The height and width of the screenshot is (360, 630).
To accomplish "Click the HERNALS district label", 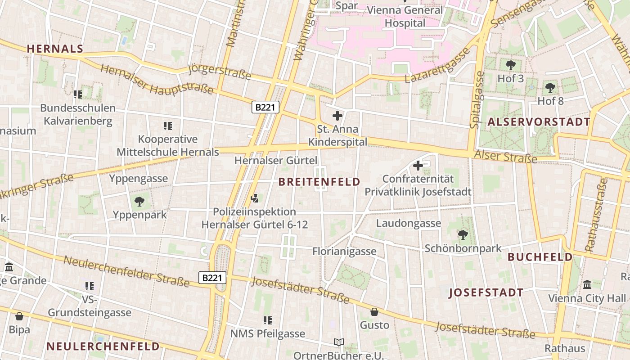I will pos(55,49).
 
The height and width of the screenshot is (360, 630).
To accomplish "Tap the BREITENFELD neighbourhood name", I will pos(319,182).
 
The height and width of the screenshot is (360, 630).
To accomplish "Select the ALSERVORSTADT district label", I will pos(539,122).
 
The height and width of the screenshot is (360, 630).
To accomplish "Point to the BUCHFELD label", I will pos(540,257).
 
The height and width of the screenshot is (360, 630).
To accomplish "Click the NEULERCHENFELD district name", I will pos(103,346).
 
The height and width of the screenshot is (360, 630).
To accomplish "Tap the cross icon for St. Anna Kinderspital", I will pos(337,116).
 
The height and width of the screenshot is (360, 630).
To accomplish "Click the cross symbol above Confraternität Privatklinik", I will pos(418,166).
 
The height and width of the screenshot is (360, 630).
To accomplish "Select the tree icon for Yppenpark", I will pos(139,202).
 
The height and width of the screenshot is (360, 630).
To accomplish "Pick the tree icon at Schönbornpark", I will pos(463,235).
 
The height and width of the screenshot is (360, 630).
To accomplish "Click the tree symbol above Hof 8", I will pos(550,88).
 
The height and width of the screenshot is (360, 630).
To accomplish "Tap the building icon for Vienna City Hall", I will pos(587,285).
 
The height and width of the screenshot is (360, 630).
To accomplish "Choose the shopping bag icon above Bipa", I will pos(19,316).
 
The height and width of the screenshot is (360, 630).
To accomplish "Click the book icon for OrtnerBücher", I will pos(339,342).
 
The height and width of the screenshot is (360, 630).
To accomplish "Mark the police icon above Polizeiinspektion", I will pos(255,198).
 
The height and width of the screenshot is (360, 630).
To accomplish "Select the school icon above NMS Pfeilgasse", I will pos(268,320).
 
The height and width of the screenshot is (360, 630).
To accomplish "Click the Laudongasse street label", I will pos(409,223).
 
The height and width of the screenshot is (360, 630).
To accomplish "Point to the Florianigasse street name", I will pos(344,251).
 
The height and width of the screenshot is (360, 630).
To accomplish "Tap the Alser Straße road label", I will pos(505,156).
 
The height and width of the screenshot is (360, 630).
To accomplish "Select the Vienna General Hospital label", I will pos(405,16).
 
